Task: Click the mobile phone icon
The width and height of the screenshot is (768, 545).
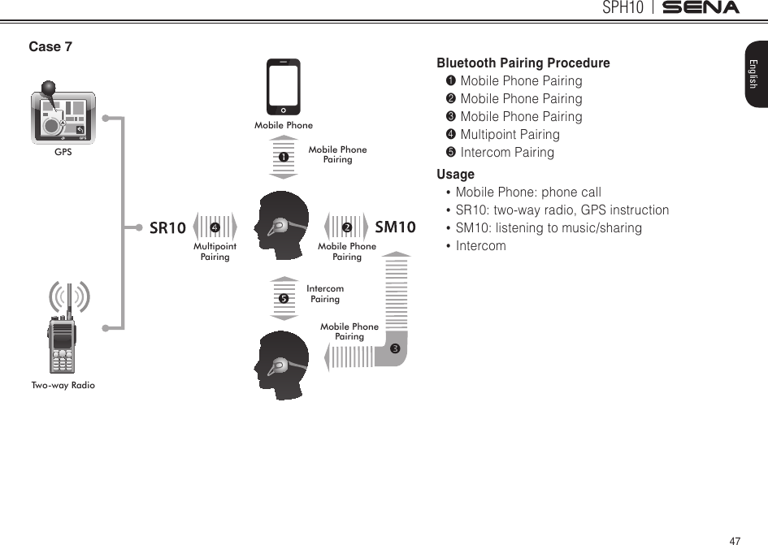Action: point(284,87)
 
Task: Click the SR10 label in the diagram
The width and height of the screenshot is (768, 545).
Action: point(167,228)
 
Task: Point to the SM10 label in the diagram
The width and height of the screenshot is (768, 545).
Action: point(396,227)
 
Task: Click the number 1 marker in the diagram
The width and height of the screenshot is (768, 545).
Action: point(284,156)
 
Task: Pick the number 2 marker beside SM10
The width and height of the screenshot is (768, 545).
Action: point(346,227)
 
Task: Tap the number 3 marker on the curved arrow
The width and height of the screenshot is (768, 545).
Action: point(394,349)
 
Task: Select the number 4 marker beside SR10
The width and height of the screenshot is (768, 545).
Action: point(215,227)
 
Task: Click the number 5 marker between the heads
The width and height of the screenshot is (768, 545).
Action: point(284,298)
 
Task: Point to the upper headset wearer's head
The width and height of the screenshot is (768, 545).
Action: point(279,225)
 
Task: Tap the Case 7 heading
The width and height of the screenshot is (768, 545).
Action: point(50,47)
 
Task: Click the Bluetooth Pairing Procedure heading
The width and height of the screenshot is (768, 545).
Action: point(523,63)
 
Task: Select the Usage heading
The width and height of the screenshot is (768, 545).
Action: point(456,175)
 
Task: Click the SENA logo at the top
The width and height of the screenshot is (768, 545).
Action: point(701,8)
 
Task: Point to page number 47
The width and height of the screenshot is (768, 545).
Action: point(735,540)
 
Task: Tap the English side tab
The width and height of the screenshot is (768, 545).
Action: point(753,74)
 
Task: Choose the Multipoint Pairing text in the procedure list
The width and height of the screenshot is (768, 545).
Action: point(510,135)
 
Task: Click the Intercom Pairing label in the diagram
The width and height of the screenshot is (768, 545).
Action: point(325,294)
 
